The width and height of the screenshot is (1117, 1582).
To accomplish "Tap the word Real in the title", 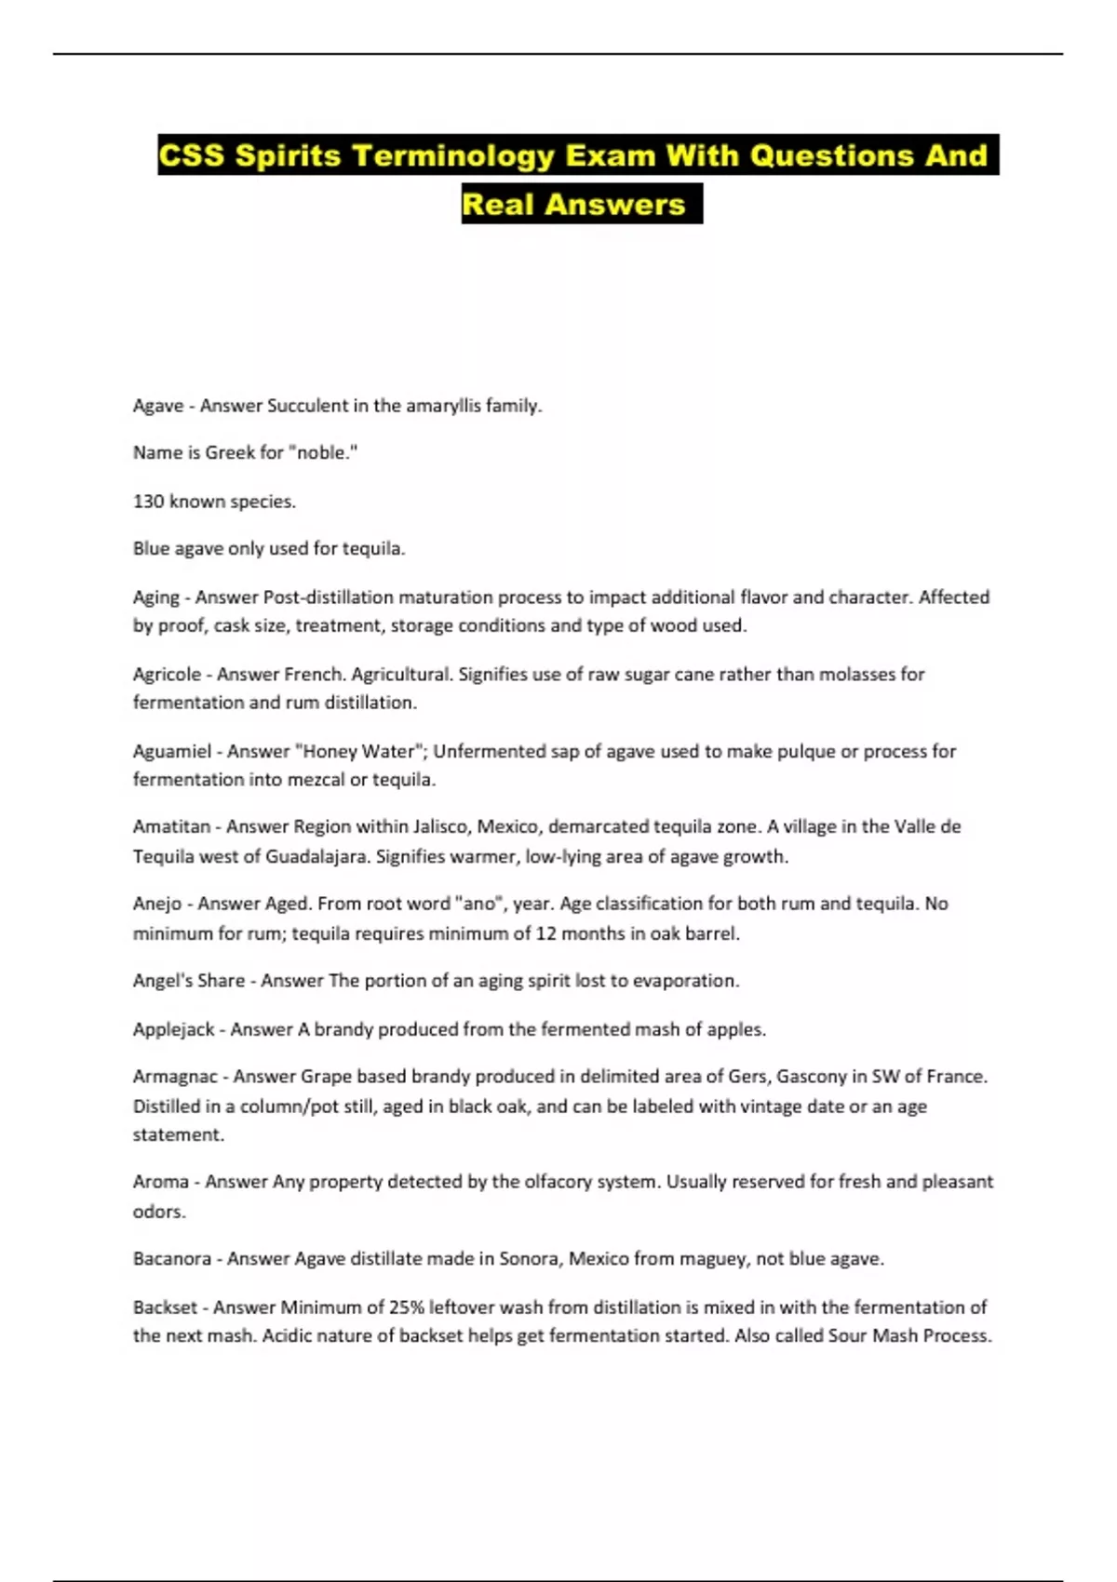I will click(498, 205).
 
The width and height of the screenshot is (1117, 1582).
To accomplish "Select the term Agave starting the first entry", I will click(157, 406).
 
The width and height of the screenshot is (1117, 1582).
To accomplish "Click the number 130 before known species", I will click(148, 502).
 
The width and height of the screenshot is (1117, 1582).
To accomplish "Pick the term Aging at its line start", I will click(155, 597).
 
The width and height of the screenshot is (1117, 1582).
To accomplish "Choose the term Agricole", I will click(167, 674).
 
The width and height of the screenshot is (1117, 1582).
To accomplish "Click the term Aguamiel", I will click(172, 751).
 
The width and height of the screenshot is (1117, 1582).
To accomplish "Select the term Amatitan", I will click(171, 826).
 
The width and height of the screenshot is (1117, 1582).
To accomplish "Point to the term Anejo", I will click(157, 904).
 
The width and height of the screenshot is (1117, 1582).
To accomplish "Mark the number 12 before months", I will click(545, 933).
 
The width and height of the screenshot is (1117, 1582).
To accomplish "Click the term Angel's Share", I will click(189, 981).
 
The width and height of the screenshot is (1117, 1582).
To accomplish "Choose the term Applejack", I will click(173, 1029).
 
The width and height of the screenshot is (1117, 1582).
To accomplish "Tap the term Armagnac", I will click(175, 1077).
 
